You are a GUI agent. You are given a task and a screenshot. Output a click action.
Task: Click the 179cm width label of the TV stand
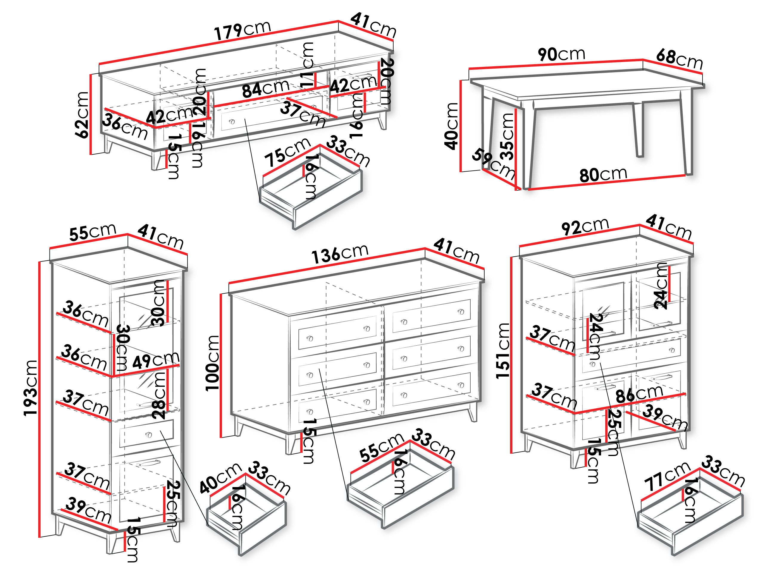click(242, 30)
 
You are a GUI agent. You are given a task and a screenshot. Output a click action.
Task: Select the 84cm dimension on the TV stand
click(265, 88)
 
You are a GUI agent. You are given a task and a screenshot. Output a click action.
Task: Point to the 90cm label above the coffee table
click(561, 54)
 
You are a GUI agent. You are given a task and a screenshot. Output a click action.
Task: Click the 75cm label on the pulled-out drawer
click(287, 152)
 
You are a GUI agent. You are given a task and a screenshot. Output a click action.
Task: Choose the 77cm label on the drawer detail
click(667, 477)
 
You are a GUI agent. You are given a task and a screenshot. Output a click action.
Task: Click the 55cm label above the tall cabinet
click(93, 232)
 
